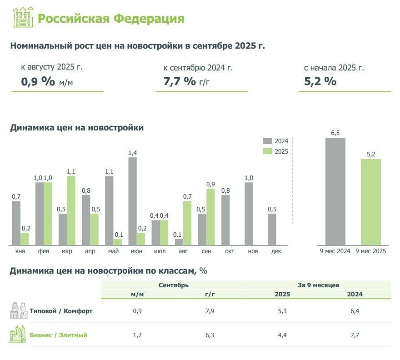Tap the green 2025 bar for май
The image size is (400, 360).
(x=117, y=242)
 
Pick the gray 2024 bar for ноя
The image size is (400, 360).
(x=249, y=214)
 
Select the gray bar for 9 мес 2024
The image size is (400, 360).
(x=335, y=191)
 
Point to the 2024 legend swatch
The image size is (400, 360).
(x=267, y=141)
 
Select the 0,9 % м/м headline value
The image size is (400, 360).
(x=47, y=82)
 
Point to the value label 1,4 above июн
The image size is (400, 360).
(x=133, y=153)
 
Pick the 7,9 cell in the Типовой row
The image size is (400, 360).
(x=210, y=311)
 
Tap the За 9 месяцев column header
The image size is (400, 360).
(x=318, y=285)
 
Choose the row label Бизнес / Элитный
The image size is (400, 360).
(x=59, y=335)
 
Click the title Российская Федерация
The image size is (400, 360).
(x=110, y=19)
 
